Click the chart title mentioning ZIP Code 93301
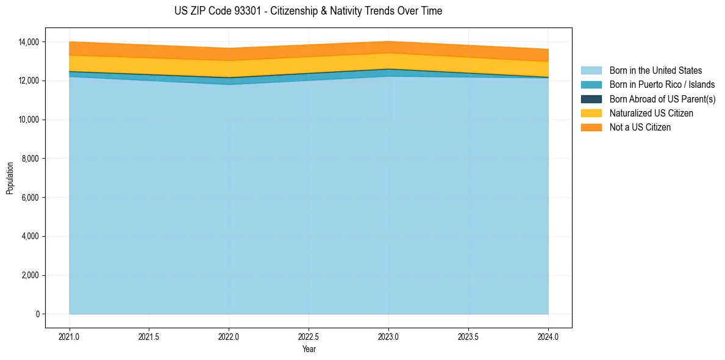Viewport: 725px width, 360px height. point(308,11)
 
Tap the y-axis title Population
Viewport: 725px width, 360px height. point(10,178)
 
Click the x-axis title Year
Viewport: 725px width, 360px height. point(309,350)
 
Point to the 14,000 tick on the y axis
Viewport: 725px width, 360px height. point(29,42)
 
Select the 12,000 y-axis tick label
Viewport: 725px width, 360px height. point(29,81)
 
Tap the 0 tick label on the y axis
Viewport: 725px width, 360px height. point(37,314)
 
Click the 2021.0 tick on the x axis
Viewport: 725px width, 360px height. point(70,336)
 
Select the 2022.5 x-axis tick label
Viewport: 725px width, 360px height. point(309,336)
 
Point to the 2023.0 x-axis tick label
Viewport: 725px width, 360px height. point(388,336)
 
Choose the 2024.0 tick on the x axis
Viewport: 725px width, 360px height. point(548,336)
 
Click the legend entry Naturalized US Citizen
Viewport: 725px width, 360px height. point(651,113)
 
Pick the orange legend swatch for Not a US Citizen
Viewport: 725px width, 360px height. point(591,128)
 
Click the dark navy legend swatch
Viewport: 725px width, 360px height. point(591,99)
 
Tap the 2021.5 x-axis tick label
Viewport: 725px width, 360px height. point(149,336)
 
